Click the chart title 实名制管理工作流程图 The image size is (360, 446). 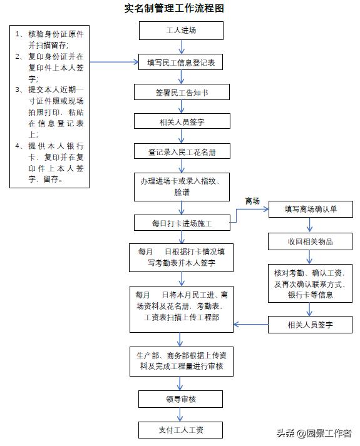point(174,8)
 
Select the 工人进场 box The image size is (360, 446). point(182,29)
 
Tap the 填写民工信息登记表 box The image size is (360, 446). point(182,62)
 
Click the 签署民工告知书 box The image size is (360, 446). point(182,92)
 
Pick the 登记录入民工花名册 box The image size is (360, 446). point(182,151)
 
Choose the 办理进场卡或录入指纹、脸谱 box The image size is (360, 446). point(182,186)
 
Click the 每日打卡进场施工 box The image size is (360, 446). point(182,223)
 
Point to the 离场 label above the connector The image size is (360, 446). point(252,201)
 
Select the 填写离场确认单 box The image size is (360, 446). point(311,210)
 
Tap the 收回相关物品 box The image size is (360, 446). point(311,241)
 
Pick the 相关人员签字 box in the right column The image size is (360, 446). point(310,324)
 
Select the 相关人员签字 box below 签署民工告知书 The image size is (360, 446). point(182,121)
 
